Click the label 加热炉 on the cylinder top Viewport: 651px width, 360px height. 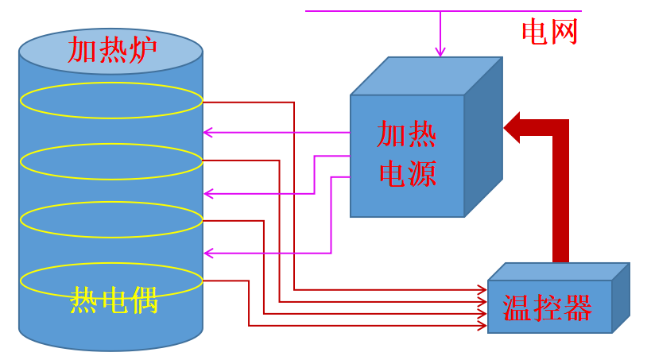point(111,49)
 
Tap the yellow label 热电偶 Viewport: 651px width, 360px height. point(114,301)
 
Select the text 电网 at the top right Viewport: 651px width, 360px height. point(549,32)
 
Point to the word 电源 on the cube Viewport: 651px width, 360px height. point(407,174)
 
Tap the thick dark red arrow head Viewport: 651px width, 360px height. point(512,127)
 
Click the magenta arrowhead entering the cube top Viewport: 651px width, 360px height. point(440,52)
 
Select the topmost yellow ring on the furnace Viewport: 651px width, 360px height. point(111,100)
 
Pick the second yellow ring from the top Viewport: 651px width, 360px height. point(111,161)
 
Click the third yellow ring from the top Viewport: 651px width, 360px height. point(111,220)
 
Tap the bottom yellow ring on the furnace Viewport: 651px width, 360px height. point(111,280)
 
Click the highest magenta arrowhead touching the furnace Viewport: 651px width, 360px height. point(208,132)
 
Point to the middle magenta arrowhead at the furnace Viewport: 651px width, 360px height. point(208,193)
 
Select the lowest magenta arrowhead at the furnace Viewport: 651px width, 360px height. point(208,254)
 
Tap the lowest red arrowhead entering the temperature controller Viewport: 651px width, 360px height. point(481,325)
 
